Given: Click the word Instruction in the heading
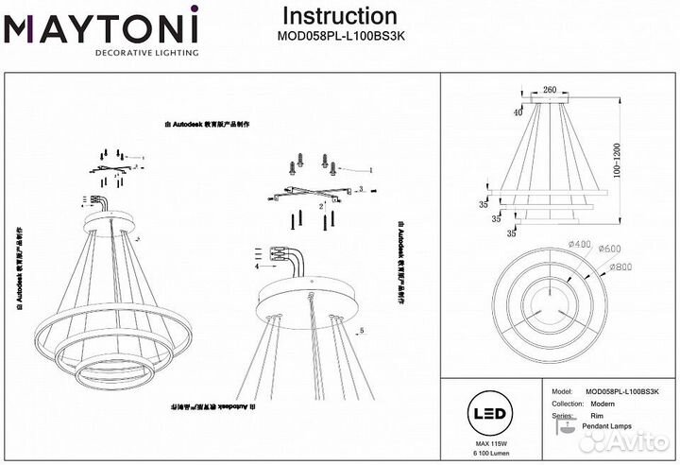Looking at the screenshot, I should coord(340,16).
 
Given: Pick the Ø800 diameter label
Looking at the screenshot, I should coord(621,267).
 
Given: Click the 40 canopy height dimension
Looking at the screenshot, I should coord(517,112).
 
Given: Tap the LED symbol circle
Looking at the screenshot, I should coord(487,412).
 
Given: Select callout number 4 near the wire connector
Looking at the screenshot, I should coord(256,267).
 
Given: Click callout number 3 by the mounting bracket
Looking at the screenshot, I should coord(361,191).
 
